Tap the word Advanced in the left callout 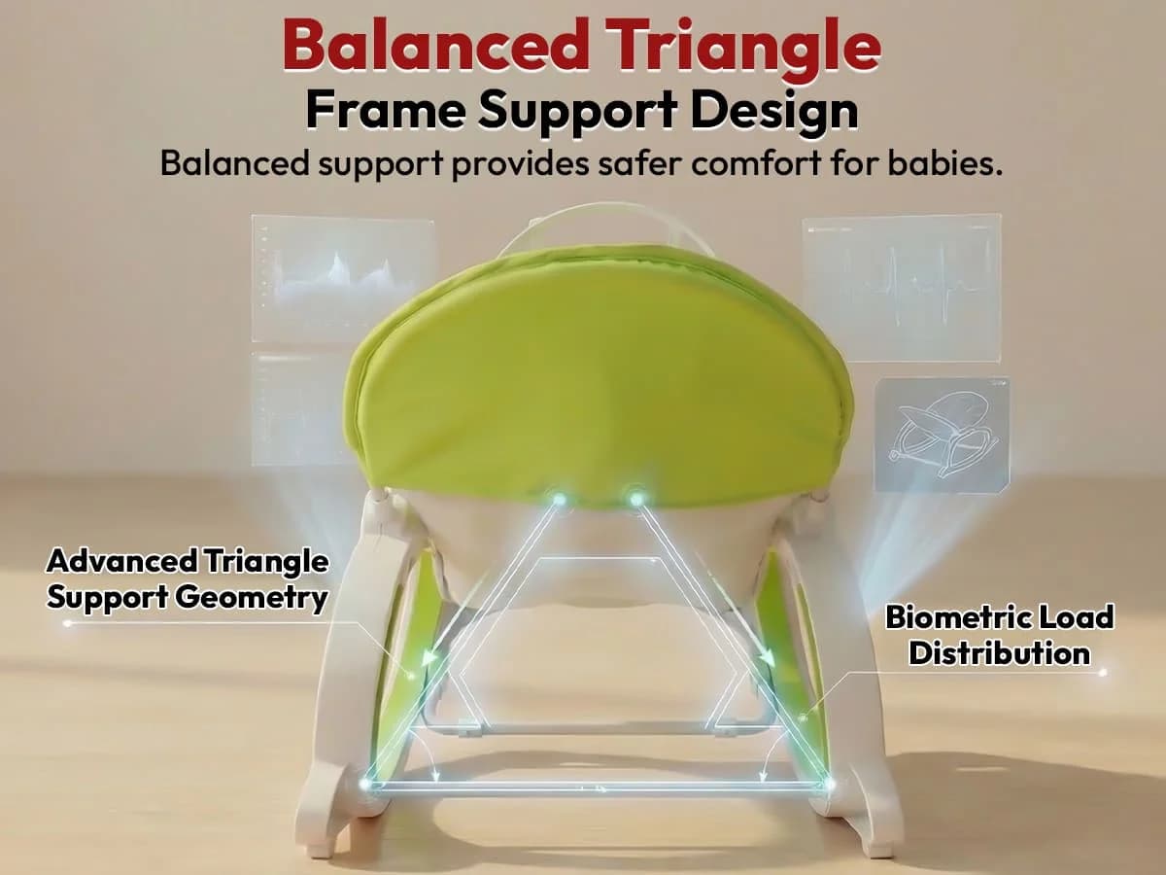121,562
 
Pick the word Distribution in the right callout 999,652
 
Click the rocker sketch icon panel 941,434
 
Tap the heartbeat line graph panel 901,275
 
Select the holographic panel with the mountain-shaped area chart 343,278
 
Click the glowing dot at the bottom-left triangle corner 367,783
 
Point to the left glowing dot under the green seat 559,500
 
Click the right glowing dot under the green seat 636,500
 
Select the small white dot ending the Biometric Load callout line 1102,671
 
